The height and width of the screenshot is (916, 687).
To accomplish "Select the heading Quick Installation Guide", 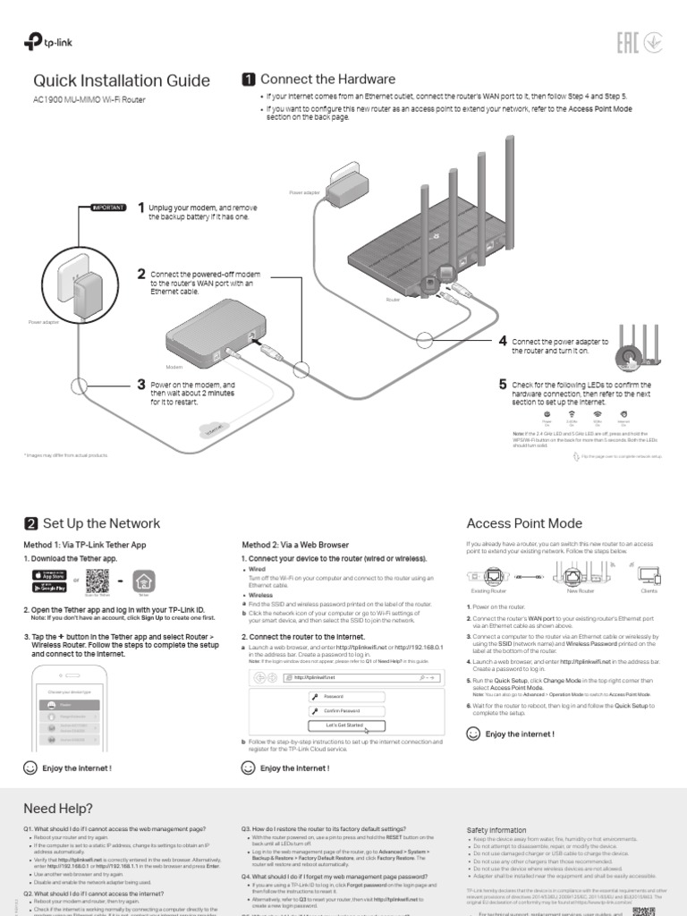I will point(122,81).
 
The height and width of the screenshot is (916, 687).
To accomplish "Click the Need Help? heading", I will point(58,808).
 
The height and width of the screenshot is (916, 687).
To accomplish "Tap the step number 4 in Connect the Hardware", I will point(503,342).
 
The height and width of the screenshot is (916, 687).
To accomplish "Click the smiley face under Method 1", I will point(30,768).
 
